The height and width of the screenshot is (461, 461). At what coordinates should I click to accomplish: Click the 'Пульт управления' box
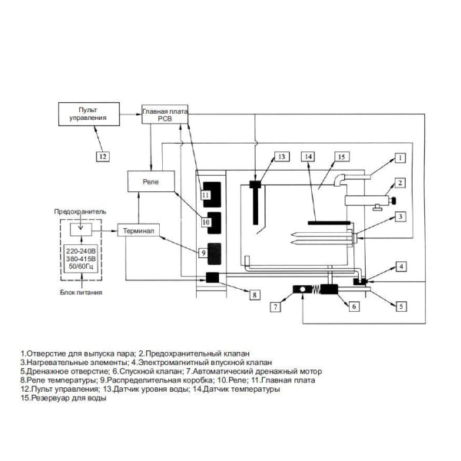[89, 114]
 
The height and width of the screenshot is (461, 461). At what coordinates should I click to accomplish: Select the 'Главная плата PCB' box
[164, 114]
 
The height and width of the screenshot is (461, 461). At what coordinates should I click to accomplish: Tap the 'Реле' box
[151, 181]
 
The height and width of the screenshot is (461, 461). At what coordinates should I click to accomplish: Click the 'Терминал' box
[138, 230]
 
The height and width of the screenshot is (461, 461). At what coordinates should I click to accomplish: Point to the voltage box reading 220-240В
[81, 259]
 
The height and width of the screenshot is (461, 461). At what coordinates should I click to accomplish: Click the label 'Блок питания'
[81, 292]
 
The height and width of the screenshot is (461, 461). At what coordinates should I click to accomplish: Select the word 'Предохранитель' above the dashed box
[80, 212]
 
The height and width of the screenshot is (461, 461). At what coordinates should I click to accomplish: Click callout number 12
[103, 156]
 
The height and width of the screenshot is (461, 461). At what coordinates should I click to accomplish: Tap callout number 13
[282, 157]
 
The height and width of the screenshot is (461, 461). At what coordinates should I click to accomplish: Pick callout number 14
[308, 157]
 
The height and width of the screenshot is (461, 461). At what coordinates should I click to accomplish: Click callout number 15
[342, 157]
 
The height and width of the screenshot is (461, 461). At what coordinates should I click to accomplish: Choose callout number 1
[400, 158]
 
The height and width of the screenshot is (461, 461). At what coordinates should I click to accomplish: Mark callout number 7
[276, 307]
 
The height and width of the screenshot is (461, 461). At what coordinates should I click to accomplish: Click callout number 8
[254, 294]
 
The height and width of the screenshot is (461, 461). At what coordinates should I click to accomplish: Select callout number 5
[401, 307]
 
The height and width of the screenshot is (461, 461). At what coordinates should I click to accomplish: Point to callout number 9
[203, 253]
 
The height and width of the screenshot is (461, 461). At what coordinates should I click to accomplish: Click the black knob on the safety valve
[393, 201]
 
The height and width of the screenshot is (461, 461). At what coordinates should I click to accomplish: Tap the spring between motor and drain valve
[316, 290]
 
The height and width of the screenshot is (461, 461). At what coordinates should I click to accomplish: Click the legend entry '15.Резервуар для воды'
[64, 398]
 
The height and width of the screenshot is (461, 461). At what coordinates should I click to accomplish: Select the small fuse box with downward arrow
[81, 229]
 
